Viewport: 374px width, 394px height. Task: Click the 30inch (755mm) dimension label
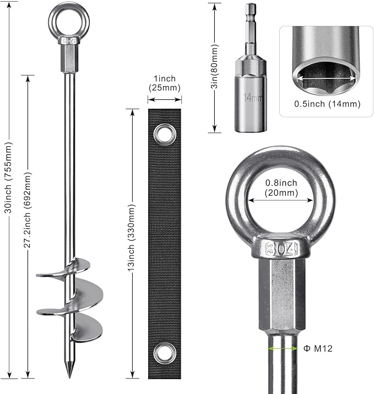click(8, 178)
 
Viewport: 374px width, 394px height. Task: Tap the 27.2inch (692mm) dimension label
click(28, 210)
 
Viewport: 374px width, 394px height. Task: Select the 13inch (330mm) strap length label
click(132, 238)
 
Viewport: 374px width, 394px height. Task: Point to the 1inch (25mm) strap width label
click(165, 83)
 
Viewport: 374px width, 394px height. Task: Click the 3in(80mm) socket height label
click(214, 66)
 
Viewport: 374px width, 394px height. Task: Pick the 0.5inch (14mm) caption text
click(327, 104)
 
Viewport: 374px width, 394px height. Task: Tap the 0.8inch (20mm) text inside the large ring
click(281, 188)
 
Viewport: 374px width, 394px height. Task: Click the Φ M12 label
click(318, 349)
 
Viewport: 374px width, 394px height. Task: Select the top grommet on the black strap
click(165, 135)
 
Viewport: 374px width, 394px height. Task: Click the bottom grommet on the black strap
click(165, 353)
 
